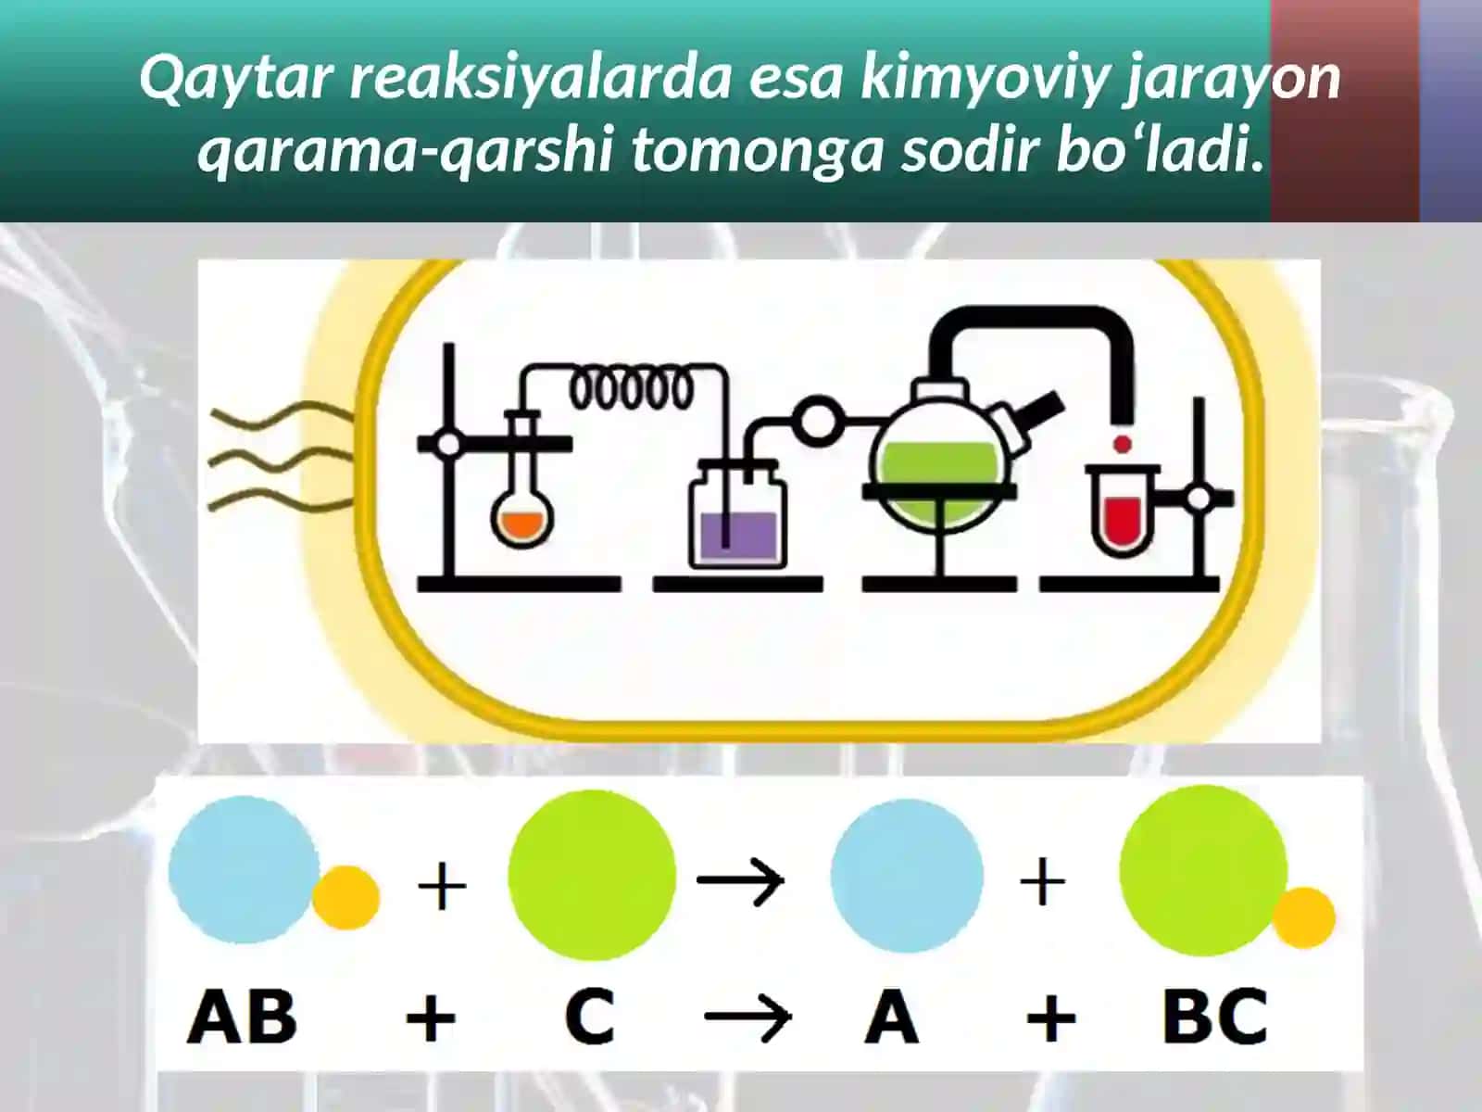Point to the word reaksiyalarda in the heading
540,77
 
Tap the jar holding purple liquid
737,514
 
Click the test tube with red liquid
1122,510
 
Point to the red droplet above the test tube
1123,444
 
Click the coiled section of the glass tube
632,390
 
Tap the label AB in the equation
242,1017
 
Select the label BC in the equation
1214,1017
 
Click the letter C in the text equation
590,1017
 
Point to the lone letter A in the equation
891,1017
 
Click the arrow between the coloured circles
741,880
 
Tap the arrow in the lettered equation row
748,1017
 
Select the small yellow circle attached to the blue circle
346,898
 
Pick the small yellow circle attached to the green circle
1304,918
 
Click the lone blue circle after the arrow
907,877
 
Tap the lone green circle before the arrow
592,875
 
